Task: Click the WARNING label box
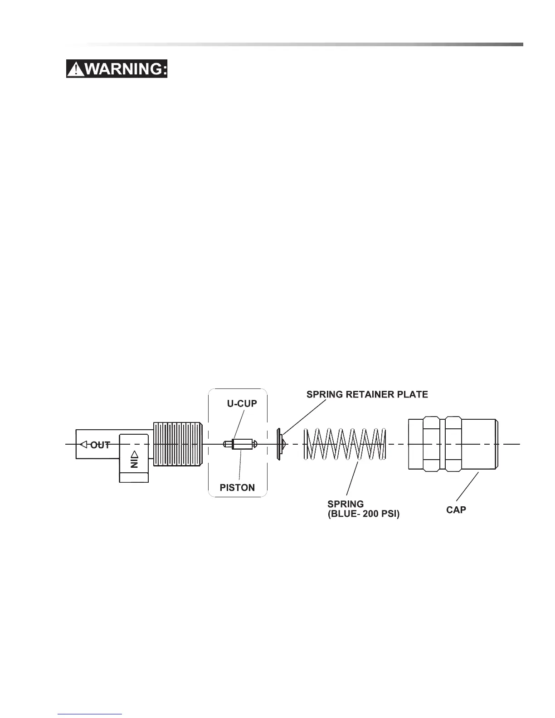coord(117,69)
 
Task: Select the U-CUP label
coord(242,403)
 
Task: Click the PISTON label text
coord(237,488)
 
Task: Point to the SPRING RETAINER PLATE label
coord(367,394)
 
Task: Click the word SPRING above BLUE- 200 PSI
coord(346,504)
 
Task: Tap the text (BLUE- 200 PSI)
coord(364,514)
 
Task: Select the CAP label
coord(456,509)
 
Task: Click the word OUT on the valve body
coord(100,445)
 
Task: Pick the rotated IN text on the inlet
coord(134,463)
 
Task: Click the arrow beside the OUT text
coord(83,444)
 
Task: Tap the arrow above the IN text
coord(134,454)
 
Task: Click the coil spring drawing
coord(345,444)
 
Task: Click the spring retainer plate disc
coord(280,444)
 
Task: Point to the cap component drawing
coord(453,444)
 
